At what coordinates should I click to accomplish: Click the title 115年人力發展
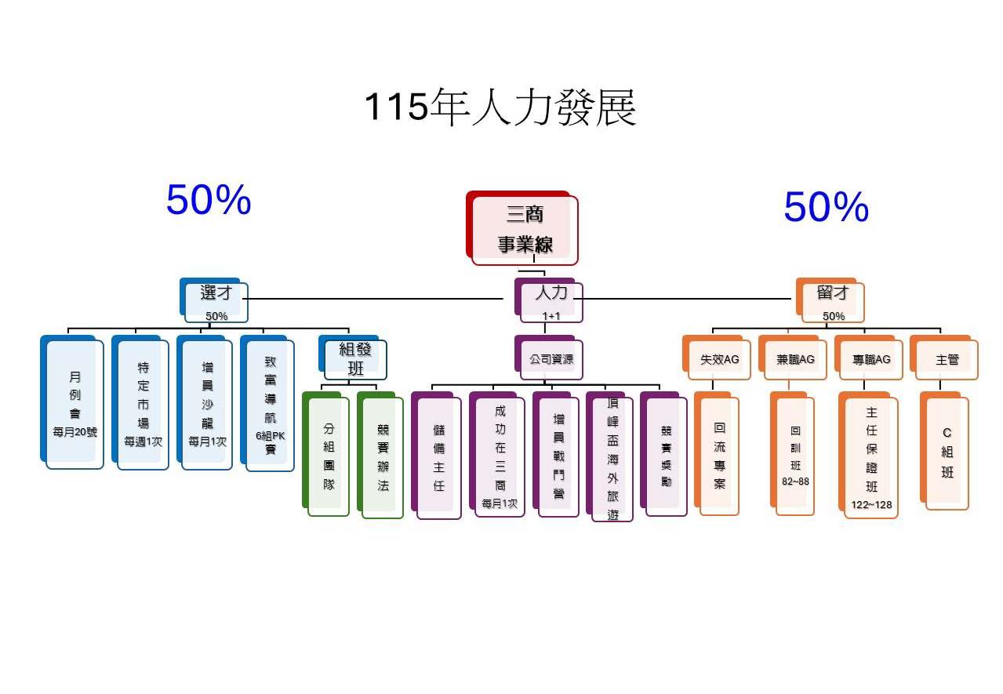click(500, 107)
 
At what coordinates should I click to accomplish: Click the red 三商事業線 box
click(525, 229)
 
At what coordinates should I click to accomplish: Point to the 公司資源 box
click(551, 359)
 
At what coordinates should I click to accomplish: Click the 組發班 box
click(355, 358)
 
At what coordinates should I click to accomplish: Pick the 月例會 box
click(74, 404)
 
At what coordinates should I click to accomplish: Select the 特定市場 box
click(143, 404)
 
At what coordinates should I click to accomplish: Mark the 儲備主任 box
click(438, 458)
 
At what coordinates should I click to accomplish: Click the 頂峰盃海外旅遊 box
click(612, 458)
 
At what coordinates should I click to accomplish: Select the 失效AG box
click(719, 360)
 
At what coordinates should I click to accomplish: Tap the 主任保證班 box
click(870, 457)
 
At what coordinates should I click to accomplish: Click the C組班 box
click(947, 453)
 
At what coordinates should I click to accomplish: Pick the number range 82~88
click(795, 481)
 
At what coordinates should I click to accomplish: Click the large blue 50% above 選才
click(209, 200)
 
